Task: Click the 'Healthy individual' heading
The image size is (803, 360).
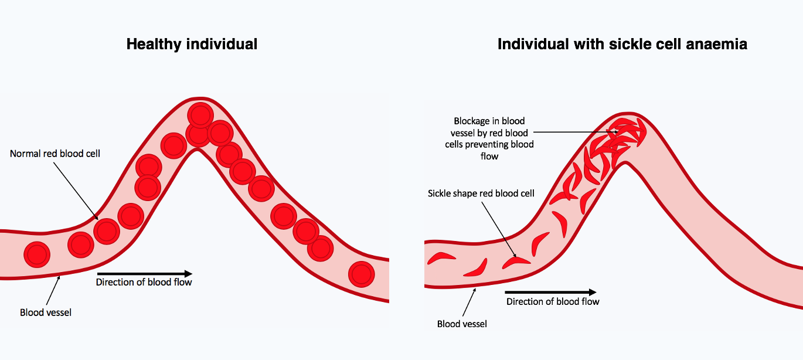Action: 192,44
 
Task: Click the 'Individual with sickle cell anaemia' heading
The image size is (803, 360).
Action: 622,44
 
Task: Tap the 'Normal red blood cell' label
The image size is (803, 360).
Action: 55,154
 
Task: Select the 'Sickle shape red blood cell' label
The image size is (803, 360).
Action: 481,193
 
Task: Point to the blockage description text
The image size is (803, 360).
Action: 489,139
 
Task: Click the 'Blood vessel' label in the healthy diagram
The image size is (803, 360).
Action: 46,313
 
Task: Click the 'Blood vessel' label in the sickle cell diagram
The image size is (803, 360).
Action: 462,324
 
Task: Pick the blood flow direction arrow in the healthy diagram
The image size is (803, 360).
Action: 144,273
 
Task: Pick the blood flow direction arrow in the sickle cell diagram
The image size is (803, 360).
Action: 550,292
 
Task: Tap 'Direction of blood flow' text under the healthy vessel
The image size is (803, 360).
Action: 144,283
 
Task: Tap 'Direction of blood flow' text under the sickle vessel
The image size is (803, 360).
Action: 553,301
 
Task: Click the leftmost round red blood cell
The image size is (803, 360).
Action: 37,254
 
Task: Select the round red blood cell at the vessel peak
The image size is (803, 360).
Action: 201,114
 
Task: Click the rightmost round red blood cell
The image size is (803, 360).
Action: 361,273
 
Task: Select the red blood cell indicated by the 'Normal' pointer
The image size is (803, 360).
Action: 107,231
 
